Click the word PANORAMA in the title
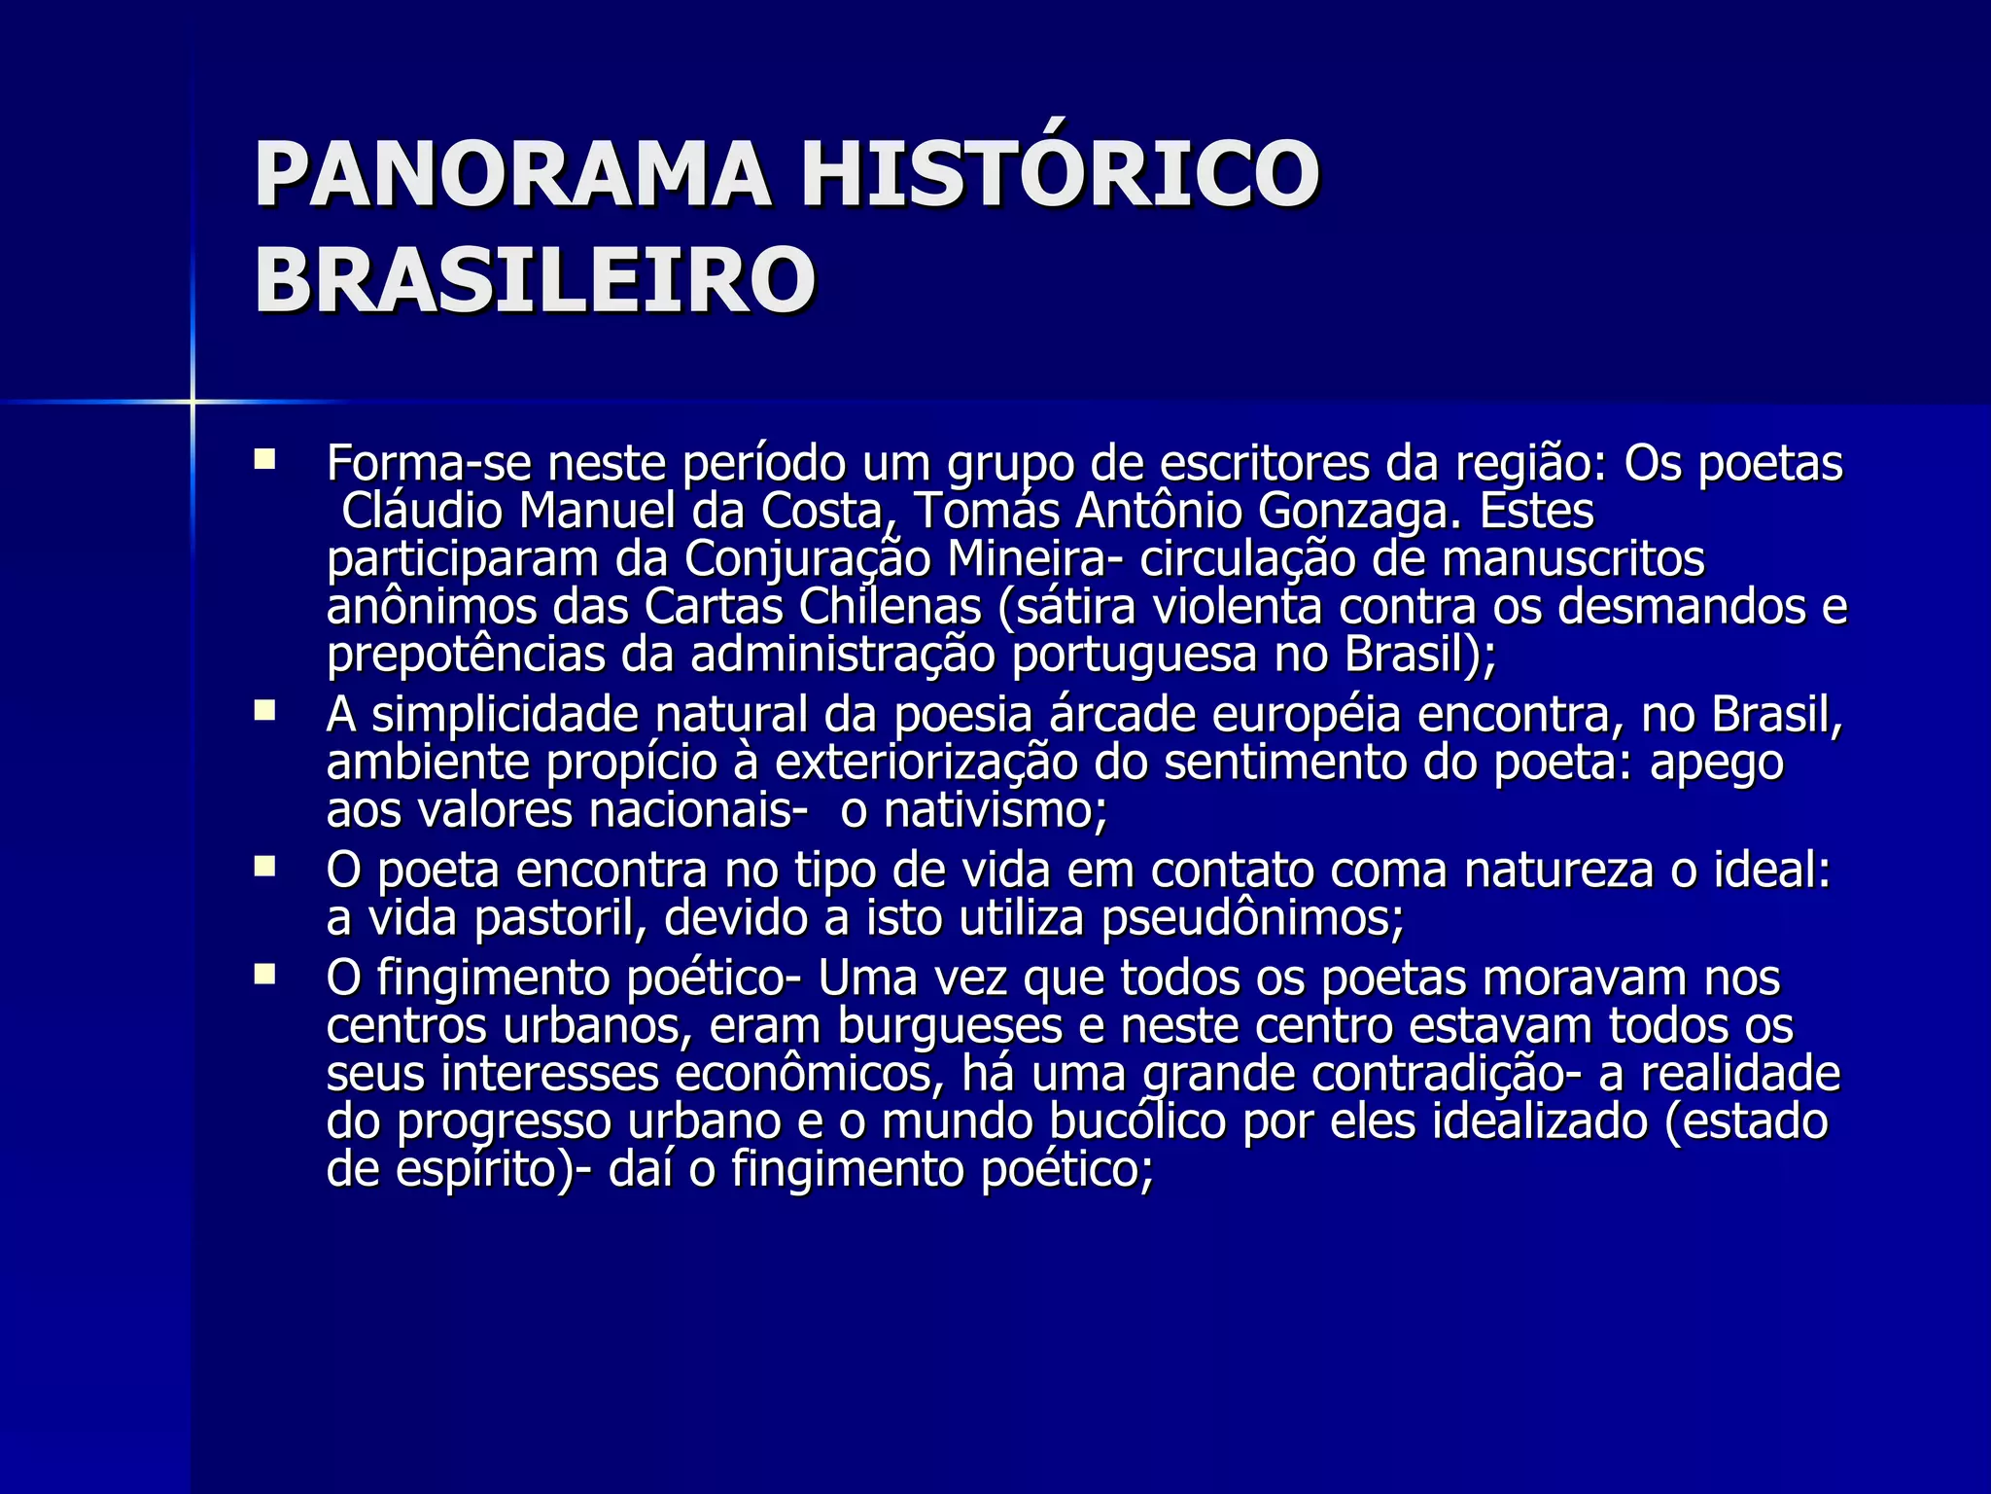[x=512, y=175]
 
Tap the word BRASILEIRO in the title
[x=535, y=280]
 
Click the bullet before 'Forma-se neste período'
[x=264, y=458]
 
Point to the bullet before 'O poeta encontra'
[x=264, y=866]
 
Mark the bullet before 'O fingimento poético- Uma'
[x=264, y=974]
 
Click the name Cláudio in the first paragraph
[x=422, y=511]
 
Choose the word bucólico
[x=1138, y=1122]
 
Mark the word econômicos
[x=805, y=1074]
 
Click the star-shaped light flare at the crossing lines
[x=192, y=401]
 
